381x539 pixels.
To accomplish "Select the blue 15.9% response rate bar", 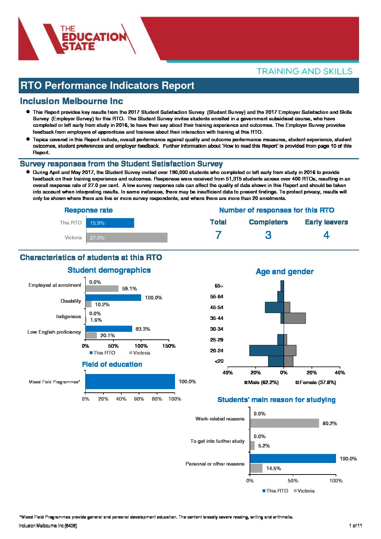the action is point(110,223).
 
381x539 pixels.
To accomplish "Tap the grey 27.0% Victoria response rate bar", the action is point(126,237).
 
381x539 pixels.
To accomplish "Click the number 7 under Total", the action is point(218,235).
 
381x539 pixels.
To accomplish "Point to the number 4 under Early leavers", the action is point(326,235).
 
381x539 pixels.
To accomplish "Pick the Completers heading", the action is point(268,222).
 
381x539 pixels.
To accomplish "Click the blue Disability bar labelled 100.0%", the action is point(113,298).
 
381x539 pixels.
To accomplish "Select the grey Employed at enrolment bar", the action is point(102,289).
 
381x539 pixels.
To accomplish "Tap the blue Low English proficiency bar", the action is point(109,329).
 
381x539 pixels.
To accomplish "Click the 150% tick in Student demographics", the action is point(169,346).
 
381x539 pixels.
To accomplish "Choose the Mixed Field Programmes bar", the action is point(130,382).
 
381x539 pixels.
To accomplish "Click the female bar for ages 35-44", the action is point(295,318).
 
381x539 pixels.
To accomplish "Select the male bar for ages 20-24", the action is point(266,350).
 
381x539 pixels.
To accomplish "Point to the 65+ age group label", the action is point(219,286).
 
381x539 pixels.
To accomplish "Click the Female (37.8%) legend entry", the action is point(316,382).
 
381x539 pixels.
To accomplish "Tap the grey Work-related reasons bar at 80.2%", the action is point(284,423).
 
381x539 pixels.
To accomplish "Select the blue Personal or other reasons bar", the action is point(293,458).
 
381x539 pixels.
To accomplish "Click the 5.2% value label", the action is point(264,446).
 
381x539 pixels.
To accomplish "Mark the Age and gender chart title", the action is point(284,271).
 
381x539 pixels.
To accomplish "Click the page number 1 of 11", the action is point(355,526).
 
